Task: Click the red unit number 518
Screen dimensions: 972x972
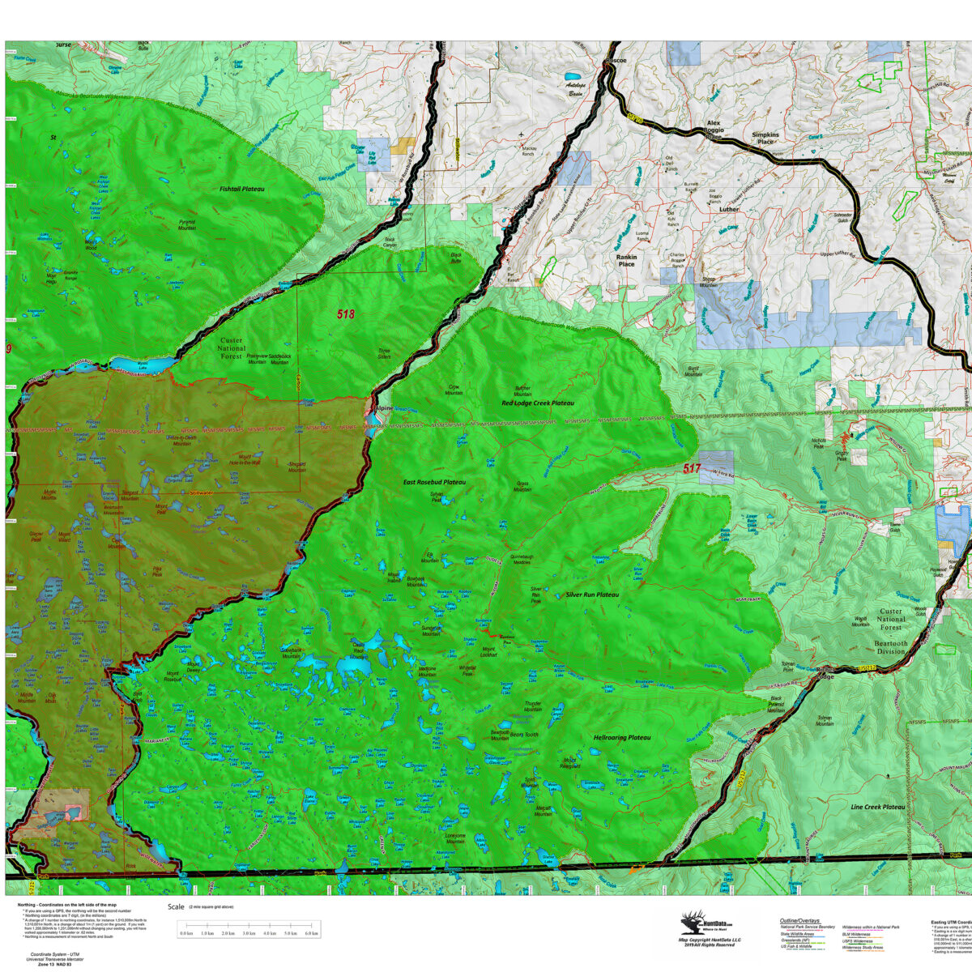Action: [346, 314]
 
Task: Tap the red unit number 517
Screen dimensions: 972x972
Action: [691, 468]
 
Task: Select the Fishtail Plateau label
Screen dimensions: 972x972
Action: [242, 189]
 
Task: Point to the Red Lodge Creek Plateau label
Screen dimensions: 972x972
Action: [537, 403]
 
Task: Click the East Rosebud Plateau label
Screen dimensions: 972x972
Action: [434, 482]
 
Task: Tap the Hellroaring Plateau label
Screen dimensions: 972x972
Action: [622, 738]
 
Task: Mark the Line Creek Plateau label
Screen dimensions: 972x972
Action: [877, 808]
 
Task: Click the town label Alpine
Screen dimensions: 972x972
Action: [382, 408]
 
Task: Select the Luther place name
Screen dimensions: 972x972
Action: [729, 209]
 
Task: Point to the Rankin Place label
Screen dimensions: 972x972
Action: [627, 260]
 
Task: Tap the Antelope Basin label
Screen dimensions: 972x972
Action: [577, 89]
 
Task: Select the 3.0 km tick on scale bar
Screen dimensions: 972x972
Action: [249, 934]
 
